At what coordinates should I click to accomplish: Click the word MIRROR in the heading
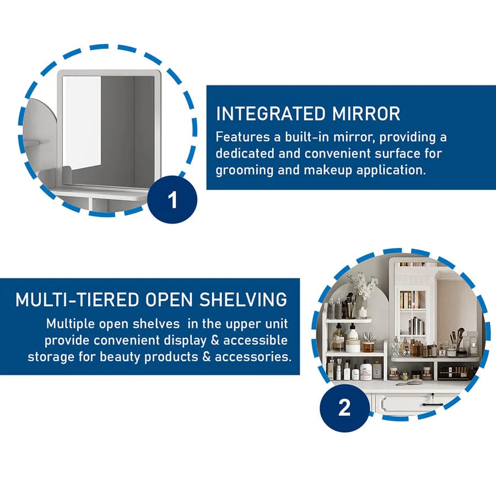[366, 114]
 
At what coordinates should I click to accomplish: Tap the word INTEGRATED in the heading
[271, 114]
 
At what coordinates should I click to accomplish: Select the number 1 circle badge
[172, 200]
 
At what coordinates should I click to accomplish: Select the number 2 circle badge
[344, 407]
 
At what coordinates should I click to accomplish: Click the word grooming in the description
[245, 170]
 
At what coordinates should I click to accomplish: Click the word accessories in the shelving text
[253, 357]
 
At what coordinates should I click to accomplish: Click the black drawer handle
[433, 405]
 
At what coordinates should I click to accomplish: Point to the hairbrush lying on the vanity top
[408, 383]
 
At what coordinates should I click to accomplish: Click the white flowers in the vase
[364, 285]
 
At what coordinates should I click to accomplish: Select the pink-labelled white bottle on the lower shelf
[365, 371]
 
